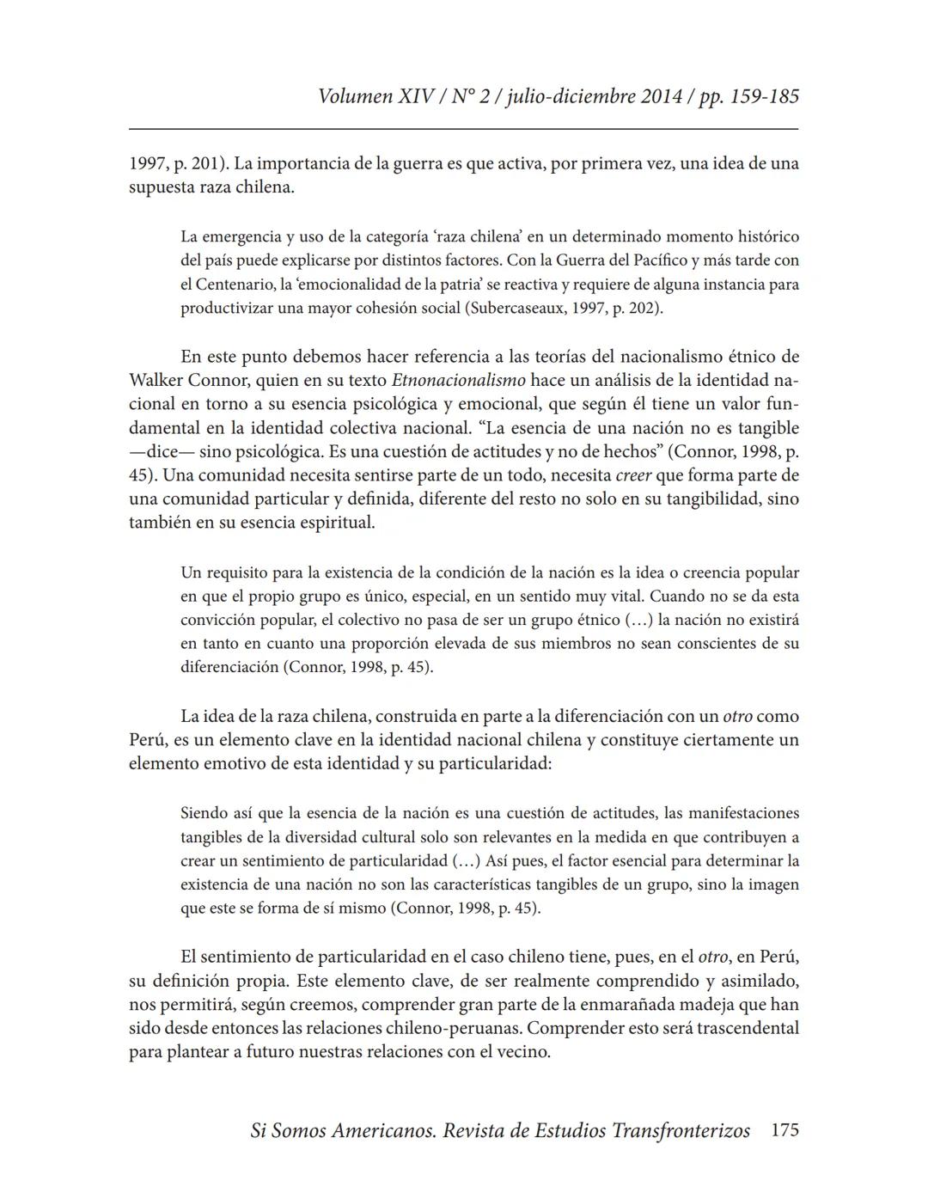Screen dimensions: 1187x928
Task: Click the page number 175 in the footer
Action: (785, 1130)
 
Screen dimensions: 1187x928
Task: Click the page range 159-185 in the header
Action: (764, 96)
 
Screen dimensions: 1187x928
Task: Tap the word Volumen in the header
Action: (355, 96)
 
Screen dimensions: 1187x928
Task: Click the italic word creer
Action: (633, 475)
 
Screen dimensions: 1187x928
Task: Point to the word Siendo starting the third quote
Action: (204, 813)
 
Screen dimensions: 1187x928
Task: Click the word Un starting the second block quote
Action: (191, 572)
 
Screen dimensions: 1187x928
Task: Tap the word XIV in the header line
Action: (418, 96)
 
